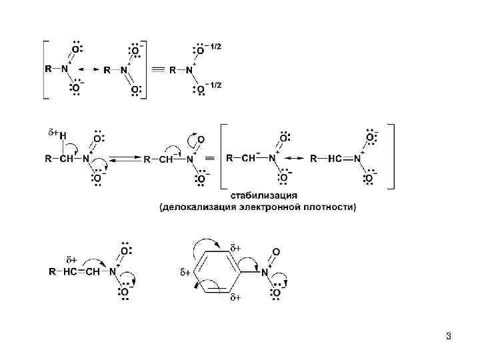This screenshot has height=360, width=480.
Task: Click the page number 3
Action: pos(449,336)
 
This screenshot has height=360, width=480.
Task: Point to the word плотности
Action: pos(329,207)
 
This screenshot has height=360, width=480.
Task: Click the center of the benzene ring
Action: pos(215,272)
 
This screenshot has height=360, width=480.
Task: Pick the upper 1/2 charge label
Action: pos(216,47)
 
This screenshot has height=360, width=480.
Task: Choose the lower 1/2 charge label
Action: pos(216,85)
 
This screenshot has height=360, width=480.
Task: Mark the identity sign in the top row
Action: pos(158,69)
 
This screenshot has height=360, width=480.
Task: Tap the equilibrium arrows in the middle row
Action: pos(125,159)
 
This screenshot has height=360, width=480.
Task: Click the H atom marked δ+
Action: pos(63,135)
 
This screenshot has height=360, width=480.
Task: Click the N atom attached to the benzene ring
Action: pos(265,272)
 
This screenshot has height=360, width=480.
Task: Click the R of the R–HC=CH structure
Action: pos(53,272)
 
